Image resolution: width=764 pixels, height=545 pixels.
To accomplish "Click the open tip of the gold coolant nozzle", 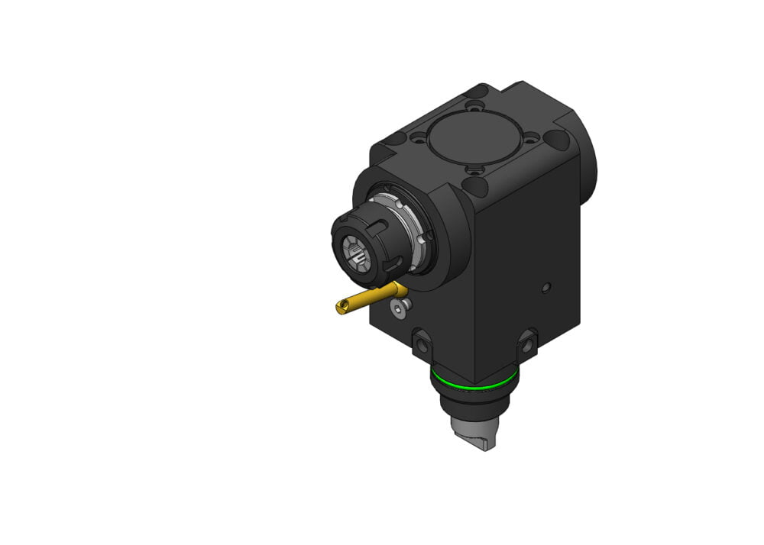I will point(340,308).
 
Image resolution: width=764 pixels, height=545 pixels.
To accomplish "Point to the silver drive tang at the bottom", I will point(471,434).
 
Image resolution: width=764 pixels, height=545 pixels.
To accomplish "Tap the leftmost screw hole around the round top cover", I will point(419,140).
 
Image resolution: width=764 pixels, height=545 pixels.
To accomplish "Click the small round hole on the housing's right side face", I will point(545,288).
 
